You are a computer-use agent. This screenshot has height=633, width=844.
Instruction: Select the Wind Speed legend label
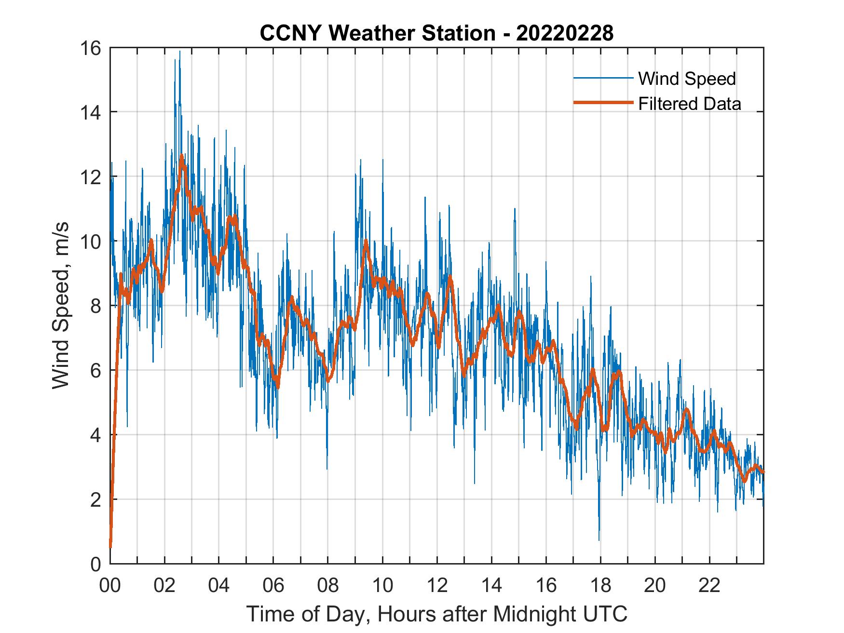pos(687,79)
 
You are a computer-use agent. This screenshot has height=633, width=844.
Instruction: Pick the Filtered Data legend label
pos(689,104)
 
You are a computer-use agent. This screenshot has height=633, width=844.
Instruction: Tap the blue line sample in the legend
pos(602,78)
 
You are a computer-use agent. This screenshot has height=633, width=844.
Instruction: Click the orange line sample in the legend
pos(602,103)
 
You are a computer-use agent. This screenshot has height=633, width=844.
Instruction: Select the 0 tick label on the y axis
pos(95,564)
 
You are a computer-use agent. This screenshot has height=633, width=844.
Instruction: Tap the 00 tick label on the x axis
pos(110,586)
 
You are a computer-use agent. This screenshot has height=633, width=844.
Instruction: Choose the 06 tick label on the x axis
pos(273,586)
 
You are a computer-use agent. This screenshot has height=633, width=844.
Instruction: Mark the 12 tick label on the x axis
pos(437,586)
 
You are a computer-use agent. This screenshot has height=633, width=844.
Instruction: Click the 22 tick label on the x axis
pos(709,586)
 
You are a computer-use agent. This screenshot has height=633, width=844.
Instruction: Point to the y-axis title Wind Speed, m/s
pos(61,305)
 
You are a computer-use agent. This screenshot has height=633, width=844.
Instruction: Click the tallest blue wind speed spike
pos(180,52)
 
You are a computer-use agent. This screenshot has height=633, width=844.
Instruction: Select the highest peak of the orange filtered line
pos(182,156)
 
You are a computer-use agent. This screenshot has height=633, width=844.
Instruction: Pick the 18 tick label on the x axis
pos(600,586)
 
